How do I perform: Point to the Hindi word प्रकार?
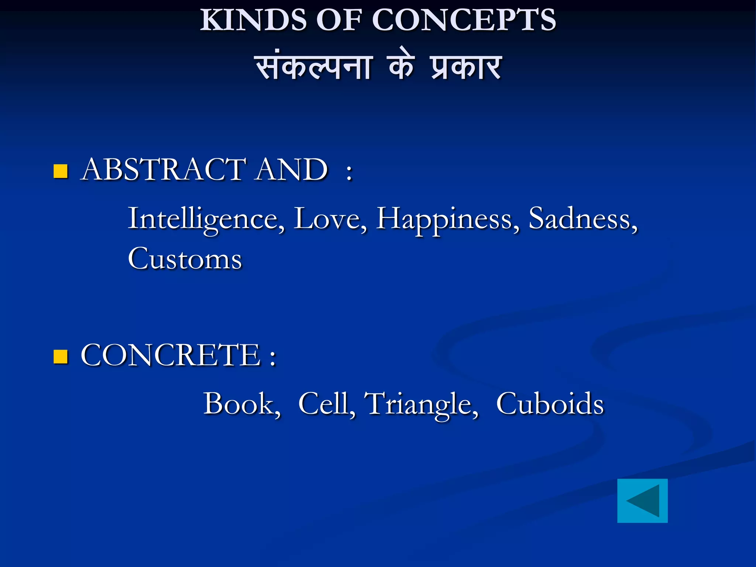[x=466, y=67]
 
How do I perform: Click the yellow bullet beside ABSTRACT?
[x=61, y=171]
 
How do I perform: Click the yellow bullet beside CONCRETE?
[x=61, y=357]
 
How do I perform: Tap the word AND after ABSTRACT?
[x=292, y=169]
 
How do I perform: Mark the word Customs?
[x=185, y=259]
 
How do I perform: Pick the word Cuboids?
[x=550, y=404]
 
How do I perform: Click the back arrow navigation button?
[x=642, y=501]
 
